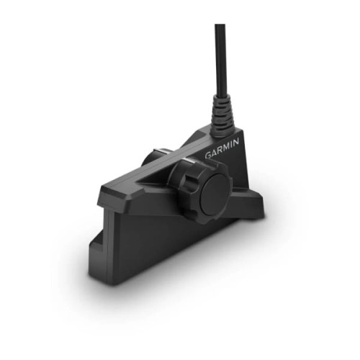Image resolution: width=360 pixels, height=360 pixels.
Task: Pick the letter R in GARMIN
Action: tap(222, 153)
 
